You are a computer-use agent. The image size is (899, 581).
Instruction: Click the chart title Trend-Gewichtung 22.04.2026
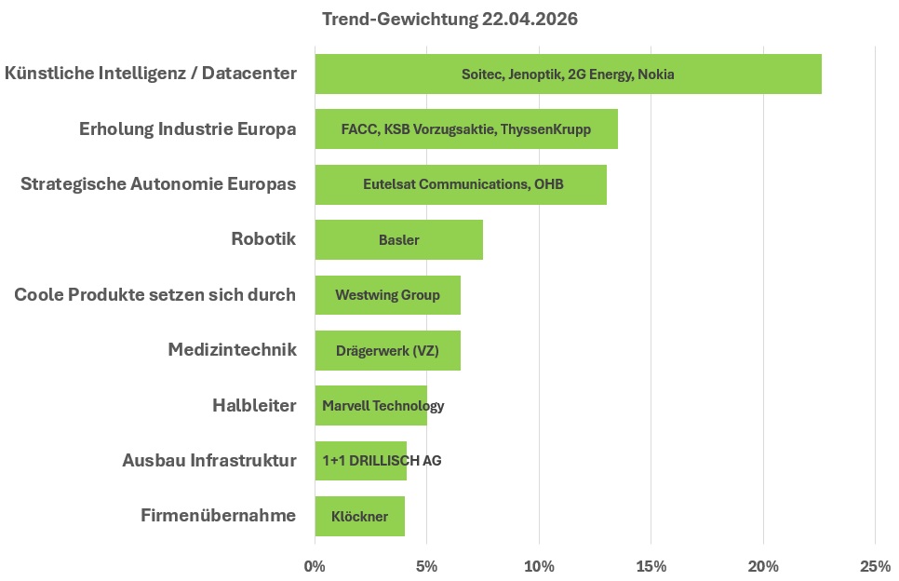pyautogui.click(x=449, y=19)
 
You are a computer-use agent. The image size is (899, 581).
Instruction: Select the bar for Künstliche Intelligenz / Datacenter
pyautogui.click(x=569, y=74)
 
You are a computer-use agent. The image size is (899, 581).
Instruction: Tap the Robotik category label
pyautogui.click(x=263, y=238)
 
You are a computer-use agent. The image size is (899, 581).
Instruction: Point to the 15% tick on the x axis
pyautogui.click(x=651, y=567)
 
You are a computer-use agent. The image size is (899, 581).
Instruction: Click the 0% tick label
pyautogui.click(x=315, y=567)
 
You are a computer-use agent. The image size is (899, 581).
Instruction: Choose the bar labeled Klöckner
pyautogui.click(x=360, y=516)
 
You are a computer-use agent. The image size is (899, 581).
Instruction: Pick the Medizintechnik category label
pyautogui.click(x=233, y=349)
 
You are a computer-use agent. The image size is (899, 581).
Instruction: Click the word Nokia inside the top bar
pyautogui.click(x=656, y=74)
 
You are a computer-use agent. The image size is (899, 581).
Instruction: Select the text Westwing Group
pyautogui.click(x=387, y=295)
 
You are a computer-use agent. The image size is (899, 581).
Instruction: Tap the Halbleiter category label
pyautogui.click(x=254, y=405)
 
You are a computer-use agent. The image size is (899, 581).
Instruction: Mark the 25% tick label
pyautogui.click(x=876, y=567)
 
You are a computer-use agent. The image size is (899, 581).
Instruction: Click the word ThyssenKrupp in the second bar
pyautogui.click(x=545, y=129)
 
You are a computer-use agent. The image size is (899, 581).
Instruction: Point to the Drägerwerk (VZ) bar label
pyautogui.click(x=387, y=350)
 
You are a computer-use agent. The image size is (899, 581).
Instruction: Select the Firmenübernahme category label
pyautogui.click(x=219, y=515)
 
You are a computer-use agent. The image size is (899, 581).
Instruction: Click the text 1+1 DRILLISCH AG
pyautogui.click(x=382, y=461)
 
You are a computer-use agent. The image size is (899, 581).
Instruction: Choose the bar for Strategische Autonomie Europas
pyautogui.click(x=461, y=184)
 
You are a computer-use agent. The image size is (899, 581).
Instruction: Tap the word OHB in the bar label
pyautogui.click(x=549, y=184)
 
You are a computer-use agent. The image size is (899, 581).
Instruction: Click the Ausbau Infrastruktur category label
pyautogui.click(x=209, y=460)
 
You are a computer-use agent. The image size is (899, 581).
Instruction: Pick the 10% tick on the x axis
pyautogui.click(x=540, y=567)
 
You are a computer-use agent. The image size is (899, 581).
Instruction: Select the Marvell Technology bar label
pyautogui.click(x=383, y=406)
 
